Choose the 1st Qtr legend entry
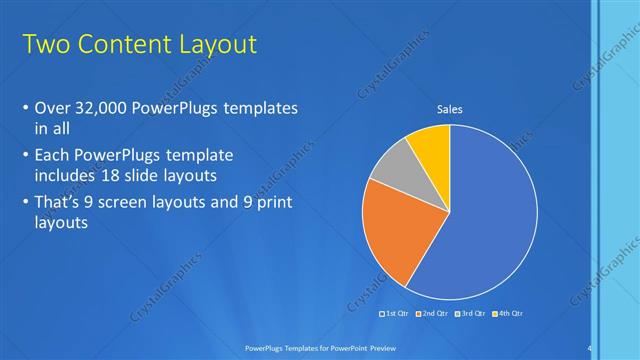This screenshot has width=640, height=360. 395,314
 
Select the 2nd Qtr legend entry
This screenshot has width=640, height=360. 431,314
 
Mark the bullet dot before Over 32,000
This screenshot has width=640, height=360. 24,108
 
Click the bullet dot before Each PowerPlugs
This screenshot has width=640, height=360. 24,157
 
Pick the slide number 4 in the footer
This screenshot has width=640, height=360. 589,347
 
